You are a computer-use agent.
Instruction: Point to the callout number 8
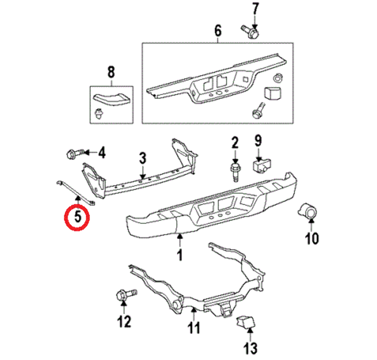(x=110, y=71)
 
